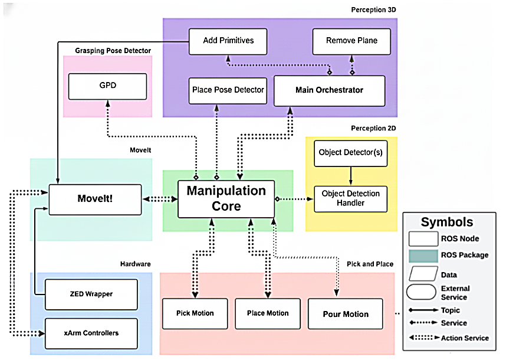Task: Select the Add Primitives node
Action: [228, 41]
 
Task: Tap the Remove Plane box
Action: [351, 41]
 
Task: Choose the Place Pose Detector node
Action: [228, 90]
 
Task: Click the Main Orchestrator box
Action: [329, 90]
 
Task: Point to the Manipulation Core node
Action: [226, 198]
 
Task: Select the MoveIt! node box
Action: [94, 199]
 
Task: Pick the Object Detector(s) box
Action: [350, 152]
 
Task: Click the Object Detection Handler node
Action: [350, 198]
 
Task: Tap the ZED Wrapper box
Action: [91, 293]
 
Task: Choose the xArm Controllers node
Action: [91, 333]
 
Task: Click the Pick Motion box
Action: [195, 313]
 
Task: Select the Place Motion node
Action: [268, 313]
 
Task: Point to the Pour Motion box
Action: [345, 314]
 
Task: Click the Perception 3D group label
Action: [372, 11]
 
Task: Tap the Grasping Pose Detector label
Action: [113, 51]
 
